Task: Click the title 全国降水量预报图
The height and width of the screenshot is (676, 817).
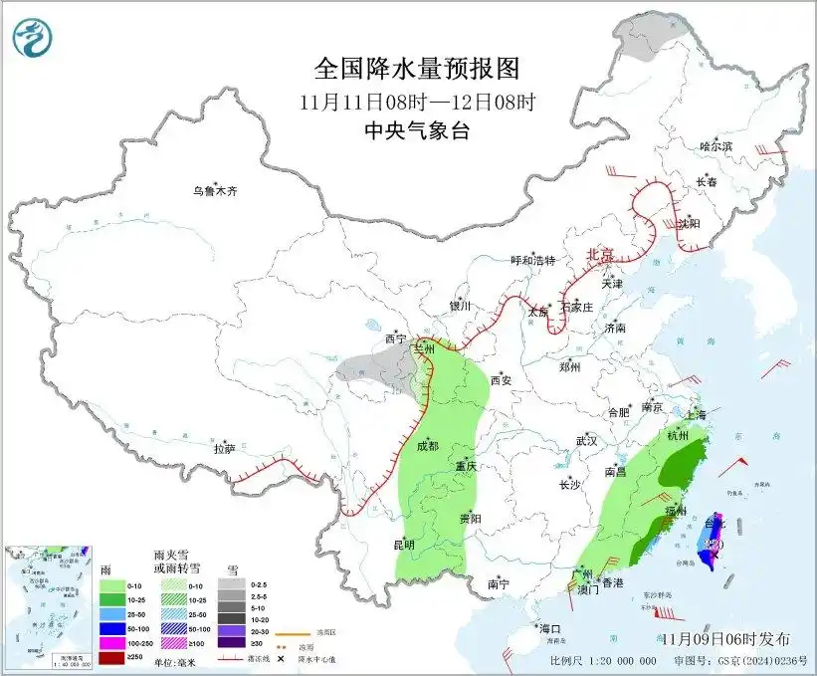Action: pos(417,69)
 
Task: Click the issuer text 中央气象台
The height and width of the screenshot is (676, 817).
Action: pos(417,130)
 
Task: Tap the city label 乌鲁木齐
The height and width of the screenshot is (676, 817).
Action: pos(215,191)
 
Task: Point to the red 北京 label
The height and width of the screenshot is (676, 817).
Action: pos(602,254)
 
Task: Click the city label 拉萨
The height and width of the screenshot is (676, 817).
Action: pos(225,449)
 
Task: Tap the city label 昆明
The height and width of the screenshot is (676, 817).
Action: pos(405,544)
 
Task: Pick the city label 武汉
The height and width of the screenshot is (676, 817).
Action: pos(586,440)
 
